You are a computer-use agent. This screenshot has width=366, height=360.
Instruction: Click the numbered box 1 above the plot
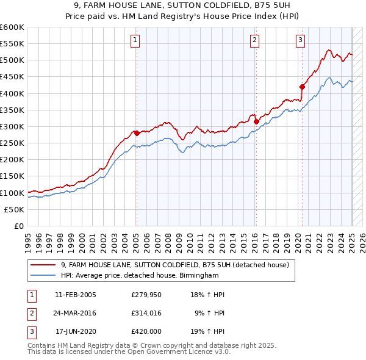[134, 41]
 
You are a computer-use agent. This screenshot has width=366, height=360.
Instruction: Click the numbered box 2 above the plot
[254, 41]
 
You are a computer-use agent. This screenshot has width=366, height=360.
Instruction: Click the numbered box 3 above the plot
[301, 41]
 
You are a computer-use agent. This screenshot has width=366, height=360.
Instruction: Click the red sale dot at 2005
[137, 133]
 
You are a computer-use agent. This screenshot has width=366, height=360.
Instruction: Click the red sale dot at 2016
[256, 121]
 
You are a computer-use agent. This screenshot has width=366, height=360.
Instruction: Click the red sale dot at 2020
[303, 87]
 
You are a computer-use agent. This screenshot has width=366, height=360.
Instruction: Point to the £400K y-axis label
[12, 93]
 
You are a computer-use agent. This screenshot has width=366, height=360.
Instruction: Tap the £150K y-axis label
[12, 176]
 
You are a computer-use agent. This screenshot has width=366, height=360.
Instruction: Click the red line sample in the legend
[44, 265]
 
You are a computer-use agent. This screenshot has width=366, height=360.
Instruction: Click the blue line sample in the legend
[44, 275]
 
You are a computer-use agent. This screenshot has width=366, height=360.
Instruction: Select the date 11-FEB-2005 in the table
[76, 295]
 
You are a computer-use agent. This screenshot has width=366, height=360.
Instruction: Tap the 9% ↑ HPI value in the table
[210, 313]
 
